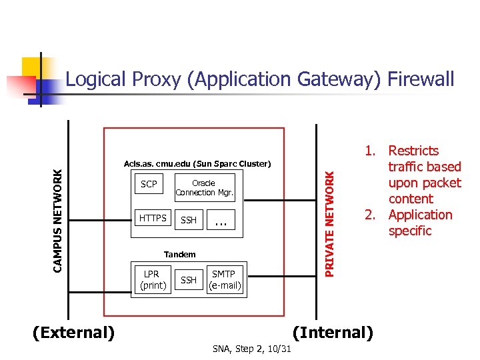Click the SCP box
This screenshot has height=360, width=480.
point(149,185)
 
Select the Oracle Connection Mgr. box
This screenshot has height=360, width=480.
point(204,187)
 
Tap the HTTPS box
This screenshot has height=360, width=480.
point(153,218)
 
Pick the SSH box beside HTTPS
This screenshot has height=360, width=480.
point(189,220)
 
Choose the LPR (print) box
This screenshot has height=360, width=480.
point(152,280)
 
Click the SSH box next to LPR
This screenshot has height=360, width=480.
point(189,280)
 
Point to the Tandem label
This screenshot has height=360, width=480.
point(180,254)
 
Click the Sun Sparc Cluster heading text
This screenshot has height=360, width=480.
point(197,163)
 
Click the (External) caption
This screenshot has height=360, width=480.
point(73,332)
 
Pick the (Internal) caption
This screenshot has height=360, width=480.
point(333,332)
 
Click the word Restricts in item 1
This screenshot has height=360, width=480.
point(413,151)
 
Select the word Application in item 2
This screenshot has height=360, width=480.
point(420,215)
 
